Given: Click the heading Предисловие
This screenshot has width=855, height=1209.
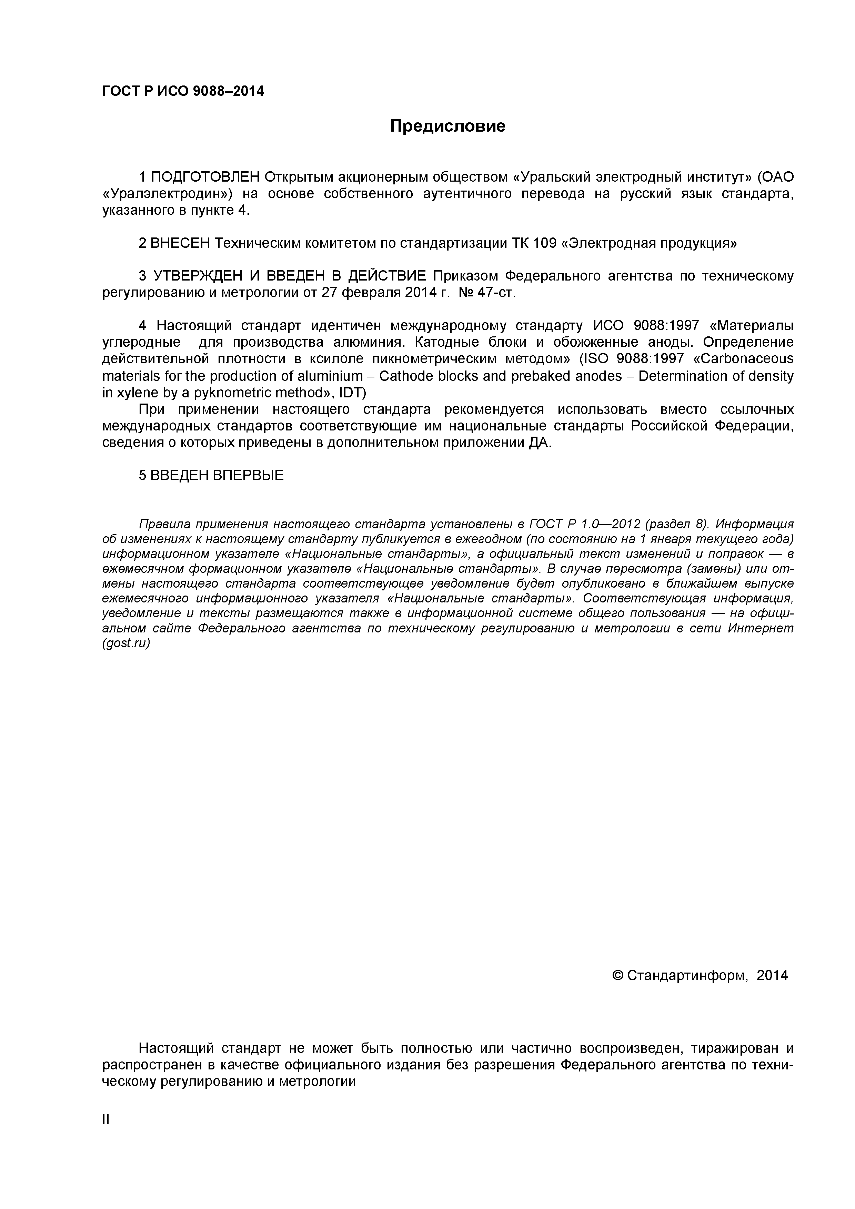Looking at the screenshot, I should [x=447, y=126].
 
